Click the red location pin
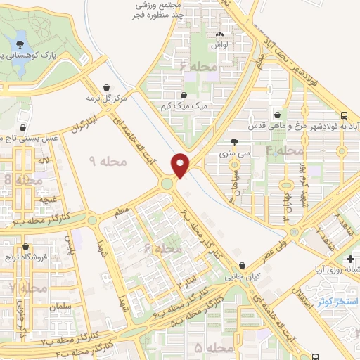point(181,165)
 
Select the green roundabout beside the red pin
point(167,184)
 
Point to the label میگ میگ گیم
point(191,106)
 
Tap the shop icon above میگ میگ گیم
point(184,95)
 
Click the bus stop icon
point(344,115)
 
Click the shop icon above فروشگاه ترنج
point(26,247)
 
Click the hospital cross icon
point(350,259)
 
